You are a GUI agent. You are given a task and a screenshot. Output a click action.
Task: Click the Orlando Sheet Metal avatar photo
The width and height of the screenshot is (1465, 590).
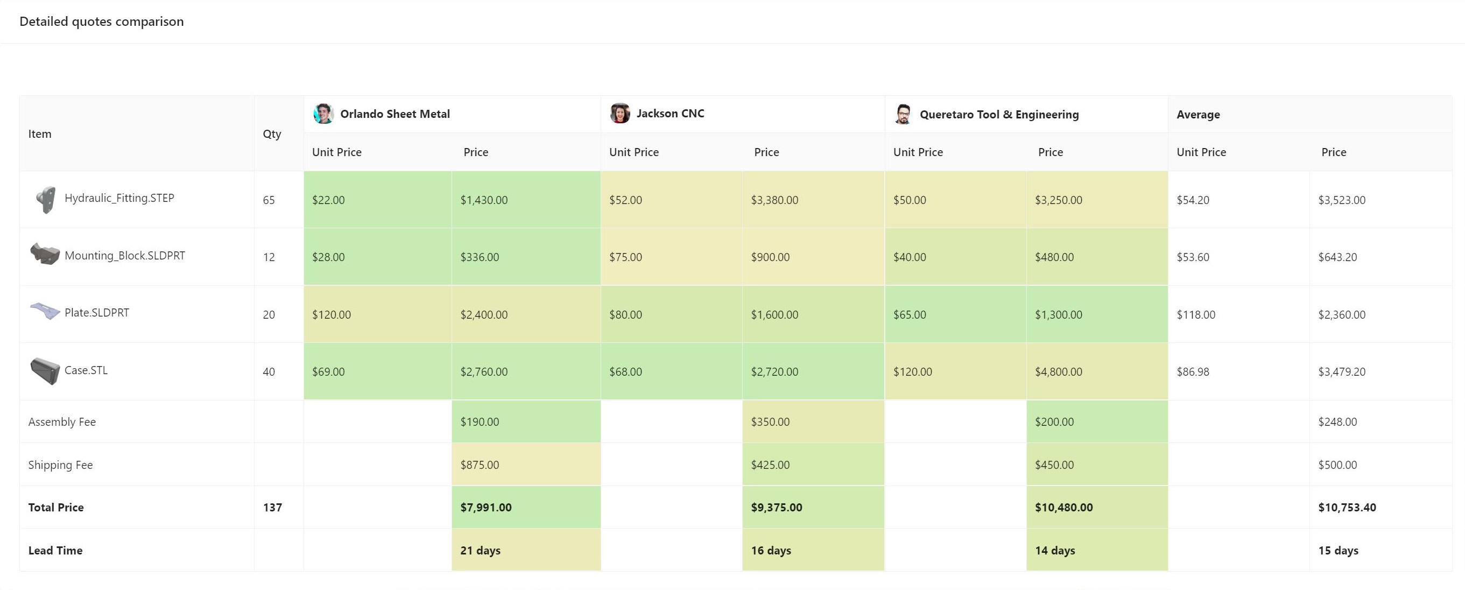pos(323,114)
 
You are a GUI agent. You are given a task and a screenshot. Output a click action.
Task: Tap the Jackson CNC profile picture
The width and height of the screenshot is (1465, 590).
pos(619,113)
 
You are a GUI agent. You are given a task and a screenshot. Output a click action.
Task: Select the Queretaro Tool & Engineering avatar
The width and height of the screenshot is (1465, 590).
pos(903,114)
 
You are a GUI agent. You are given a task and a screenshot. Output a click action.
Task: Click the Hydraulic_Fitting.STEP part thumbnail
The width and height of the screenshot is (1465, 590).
pos(46,199)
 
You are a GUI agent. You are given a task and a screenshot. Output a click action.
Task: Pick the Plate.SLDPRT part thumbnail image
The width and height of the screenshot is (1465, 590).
pos(44,311)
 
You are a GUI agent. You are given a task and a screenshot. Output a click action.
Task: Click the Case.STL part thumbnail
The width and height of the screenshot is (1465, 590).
pos(44,370)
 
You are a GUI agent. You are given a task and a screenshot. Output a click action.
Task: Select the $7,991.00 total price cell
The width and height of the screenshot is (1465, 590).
pos(485,508)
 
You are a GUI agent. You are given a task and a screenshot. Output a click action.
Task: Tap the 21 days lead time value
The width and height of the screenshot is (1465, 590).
pos(480,551)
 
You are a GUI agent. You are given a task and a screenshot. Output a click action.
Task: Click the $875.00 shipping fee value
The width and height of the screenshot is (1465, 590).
pos(480,465)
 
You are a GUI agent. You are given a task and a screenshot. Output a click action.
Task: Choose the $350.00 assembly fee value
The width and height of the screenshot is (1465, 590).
pos(770,422)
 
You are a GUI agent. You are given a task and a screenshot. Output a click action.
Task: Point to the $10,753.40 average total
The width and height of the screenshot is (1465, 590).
pos(1347,508)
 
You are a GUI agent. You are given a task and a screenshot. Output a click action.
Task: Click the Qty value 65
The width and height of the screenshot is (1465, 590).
pos(269,200)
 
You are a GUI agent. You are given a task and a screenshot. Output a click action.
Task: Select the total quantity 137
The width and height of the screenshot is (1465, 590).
pos(272,508)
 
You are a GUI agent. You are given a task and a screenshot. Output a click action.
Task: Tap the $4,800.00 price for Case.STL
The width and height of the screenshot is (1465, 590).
pos(1058,372)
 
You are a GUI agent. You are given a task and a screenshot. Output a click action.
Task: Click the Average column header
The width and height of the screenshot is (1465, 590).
pos(1198,114)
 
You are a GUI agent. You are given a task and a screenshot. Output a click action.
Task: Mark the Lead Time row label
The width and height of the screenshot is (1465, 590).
pos(55,551)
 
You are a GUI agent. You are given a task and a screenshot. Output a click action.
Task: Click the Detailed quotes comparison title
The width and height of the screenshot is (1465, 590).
pos(101,22)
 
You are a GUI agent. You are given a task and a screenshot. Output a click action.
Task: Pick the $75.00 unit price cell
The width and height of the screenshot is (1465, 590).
pos(625,257)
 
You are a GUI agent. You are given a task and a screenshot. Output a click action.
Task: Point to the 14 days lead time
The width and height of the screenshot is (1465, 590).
pos(1054,551)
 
